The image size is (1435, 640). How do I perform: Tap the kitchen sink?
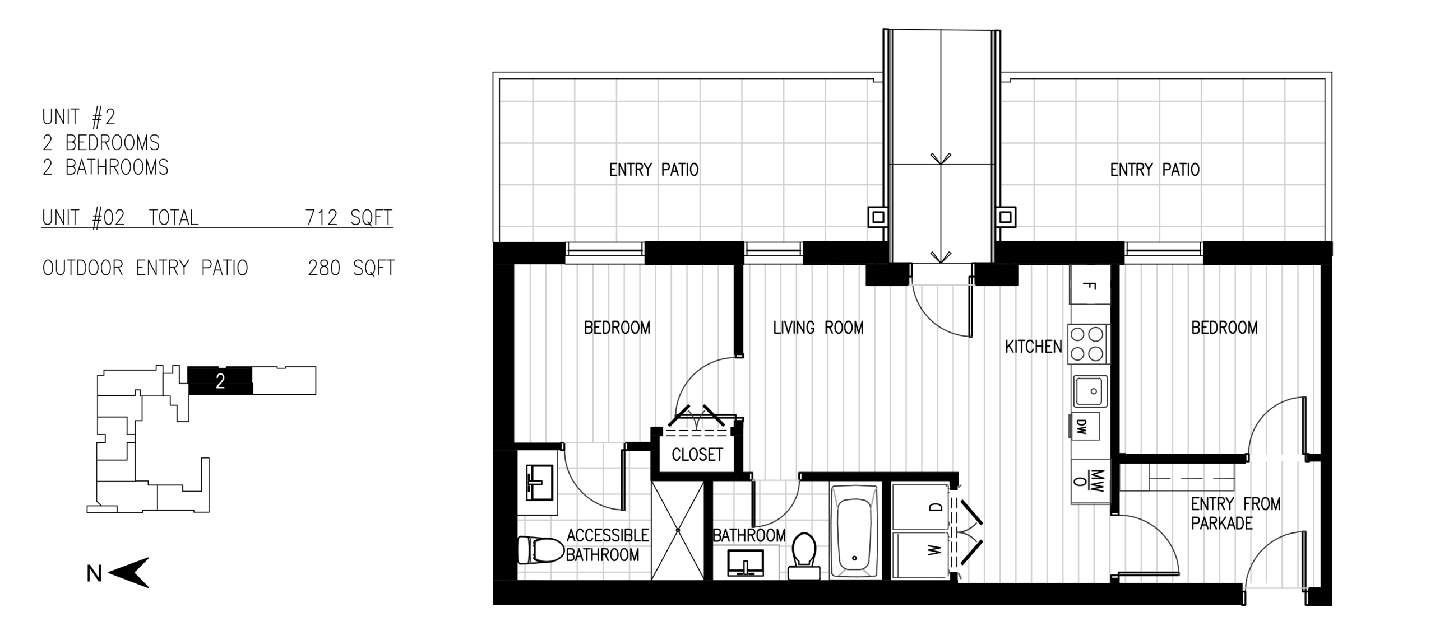1090,391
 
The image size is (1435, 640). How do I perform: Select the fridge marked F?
1090,284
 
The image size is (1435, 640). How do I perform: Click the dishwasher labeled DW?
1084,427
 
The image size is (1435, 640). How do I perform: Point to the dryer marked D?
920,507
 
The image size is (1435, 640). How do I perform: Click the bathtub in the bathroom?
854,531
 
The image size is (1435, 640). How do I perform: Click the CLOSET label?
697,455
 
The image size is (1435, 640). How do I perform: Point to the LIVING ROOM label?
818,328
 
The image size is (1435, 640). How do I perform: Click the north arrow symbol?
128,572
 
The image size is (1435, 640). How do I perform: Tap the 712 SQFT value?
349,217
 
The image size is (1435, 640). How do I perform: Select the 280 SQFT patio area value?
351,268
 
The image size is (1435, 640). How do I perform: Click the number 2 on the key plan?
220,381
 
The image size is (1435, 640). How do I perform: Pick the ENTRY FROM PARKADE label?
1235,513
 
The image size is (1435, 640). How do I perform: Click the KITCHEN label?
1033,347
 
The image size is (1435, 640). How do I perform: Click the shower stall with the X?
678,530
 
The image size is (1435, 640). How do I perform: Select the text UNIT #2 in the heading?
78,117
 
